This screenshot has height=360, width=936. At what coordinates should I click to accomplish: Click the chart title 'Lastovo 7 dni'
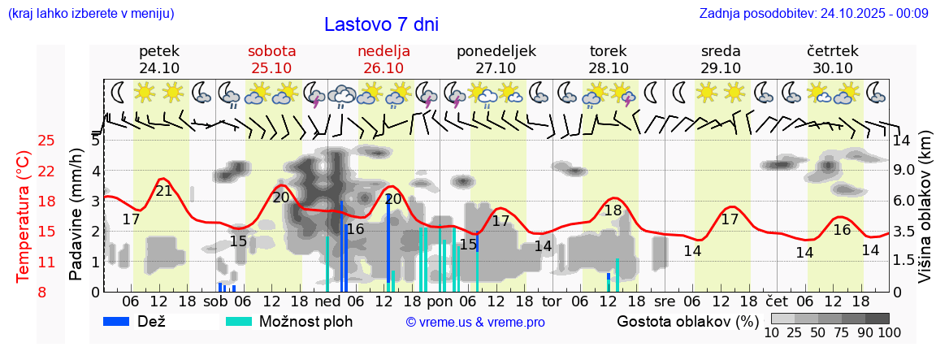click(x=381, y=24)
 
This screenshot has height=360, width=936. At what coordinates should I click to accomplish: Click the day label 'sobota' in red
click(x=271, y=51)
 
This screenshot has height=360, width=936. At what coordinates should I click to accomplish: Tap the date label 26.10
click(x=383, y=68)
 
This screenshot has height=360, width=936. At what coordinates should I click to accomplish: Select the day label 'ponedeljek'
click(x=496, y=51)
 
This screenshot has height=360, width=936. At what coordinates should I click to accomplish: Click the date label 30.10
click(x=833, y=68)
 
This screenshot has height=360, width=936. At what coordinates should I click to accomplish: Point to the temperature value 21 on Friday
click(x=164, y=191)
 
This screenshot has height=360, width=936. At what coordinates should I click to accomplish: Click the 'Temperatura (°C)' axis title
click(x=24, y=217)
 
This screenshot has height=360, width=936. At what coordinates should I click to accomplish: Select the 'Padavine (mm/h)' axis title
click(x=76, y=215)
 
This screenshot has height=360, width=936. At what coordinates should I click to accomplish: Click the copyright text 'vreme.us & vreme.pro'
click(x=475, y=323)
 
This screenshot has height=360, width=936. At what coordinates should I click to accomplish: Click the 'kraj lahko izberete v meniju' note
click(x=90, y=13)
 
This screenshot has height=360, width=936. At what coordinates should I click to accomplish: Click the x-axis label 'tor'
click(x=552, y=301)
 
